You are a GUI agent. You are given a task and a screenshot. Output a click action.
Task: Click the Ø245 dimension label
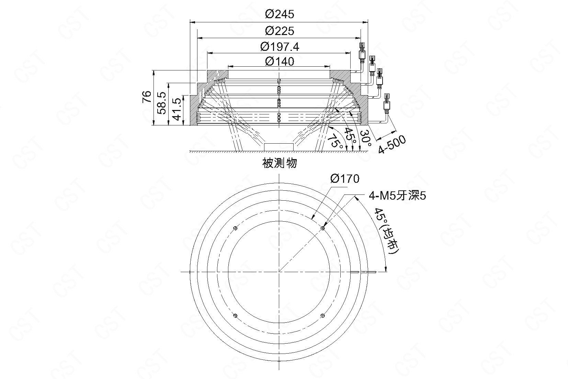280,14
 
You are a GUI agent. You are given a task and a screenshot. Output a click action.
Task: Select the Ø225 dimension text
280,31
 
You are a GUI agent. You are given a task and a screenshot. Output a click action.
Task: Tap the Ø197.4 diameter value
280,46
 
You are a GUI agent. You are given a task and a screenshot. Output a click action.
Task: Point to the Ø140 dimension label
280,62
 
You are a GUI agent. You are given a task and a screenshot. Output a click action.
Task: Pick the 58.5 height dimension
162,103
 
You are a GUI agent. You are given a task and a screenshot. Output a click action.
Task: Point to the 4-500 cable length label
392,145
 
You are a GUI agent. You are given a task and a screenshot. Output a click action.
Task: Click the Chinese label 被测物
279,163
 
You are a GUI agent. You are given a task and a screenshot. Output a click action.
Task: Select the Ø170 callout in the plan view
344,179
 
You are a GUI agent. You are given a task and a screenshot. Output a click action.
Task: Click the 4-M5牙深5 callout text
397,196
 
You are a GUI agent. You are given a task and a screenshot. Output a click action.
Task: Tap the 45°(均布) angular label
386,231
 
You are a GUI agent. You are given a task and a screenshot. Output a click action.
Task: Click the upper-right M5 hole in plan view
322,228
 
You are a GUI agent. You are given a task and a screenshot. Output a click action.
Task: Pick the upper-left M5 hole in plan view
235,228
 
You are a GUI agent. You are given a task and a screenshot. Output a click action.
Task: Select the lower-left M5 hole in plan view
235,315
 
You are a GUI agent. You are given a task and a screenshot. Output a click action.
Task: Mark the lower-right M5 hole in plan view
322,315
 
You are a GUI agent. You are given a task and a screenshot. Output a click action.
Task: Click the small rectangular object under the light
279,147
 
